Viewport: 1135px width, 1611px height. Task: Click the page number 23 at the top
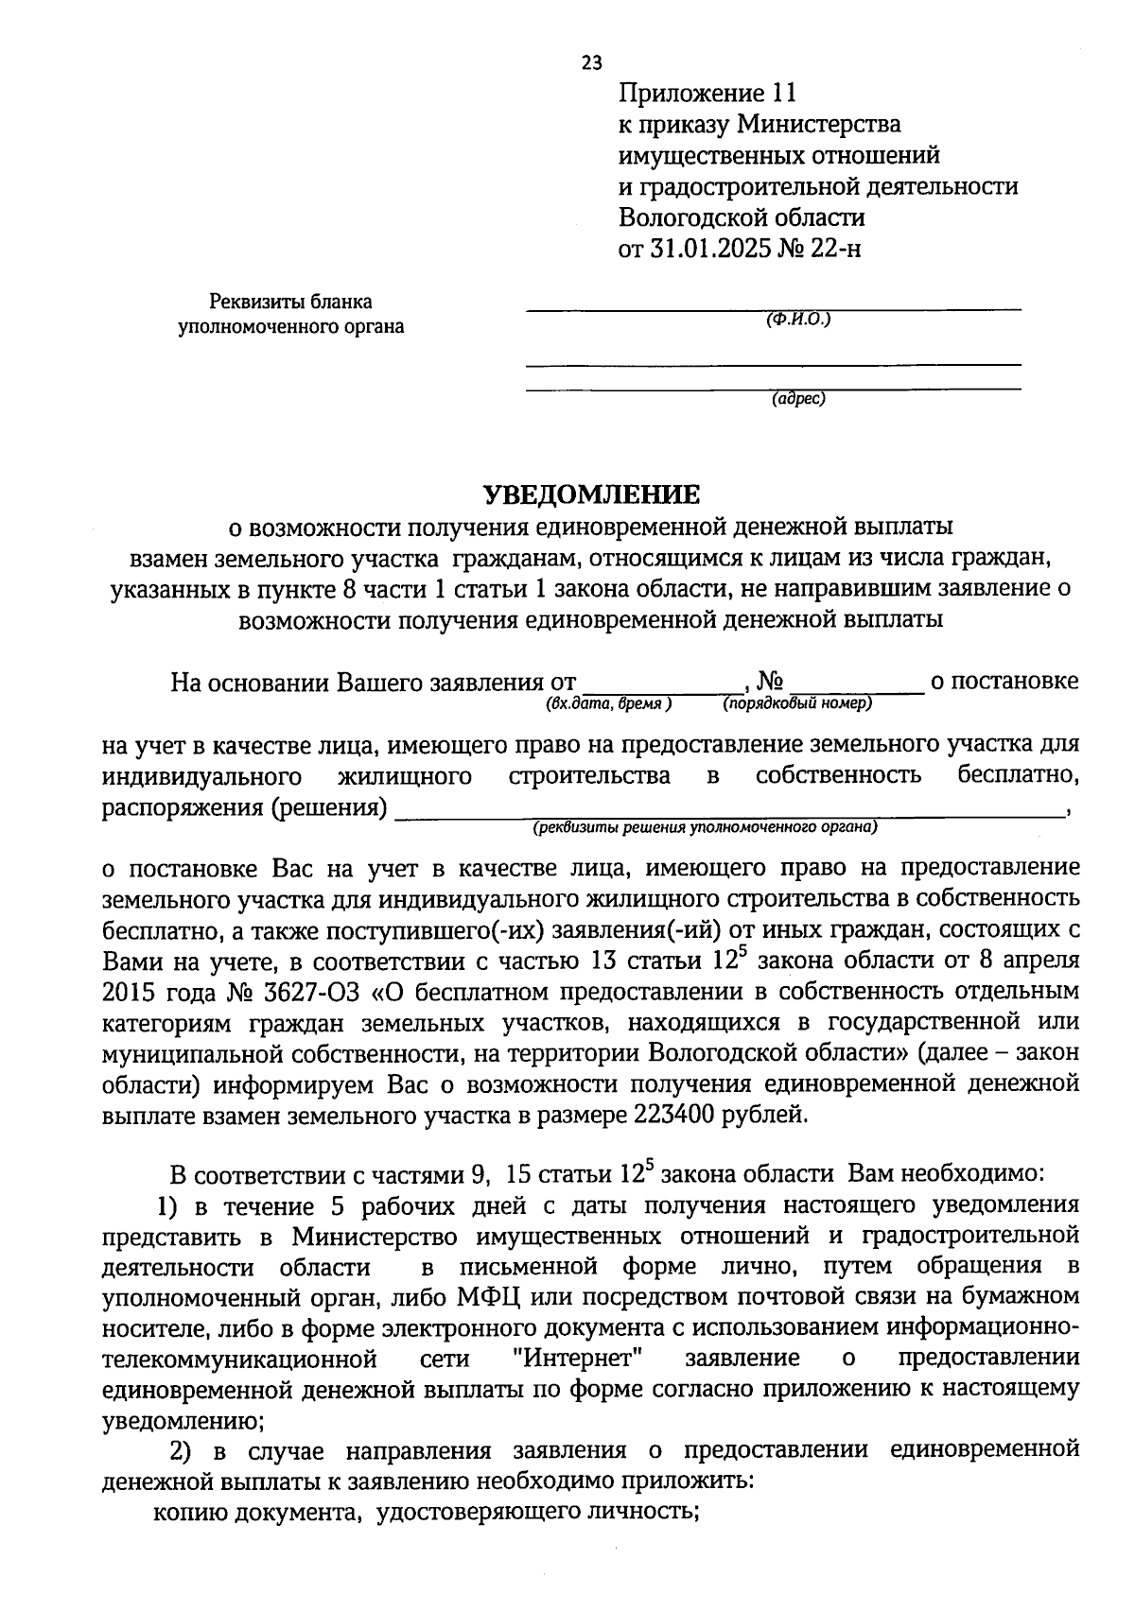591,63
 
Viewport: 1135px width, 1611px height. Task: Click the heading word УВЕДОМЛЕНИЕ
592,494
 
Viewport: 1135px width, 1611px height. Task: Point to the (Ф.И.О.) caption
799,320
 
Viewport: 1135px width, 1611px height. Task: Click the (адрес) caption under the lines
798,399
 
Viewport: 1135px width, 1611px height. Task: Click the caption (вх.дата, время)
609,704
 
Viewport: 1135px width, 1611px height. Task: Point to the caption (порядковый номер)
796,704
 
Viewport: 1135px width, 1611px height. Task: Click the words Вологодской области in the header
742,217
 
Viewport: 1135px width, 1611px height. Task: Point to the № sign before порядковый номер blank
769,682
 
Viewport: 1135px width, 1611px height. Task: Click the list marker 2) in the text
182,1450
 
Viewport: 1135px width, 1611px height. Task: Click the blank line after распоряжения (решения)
728,811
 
